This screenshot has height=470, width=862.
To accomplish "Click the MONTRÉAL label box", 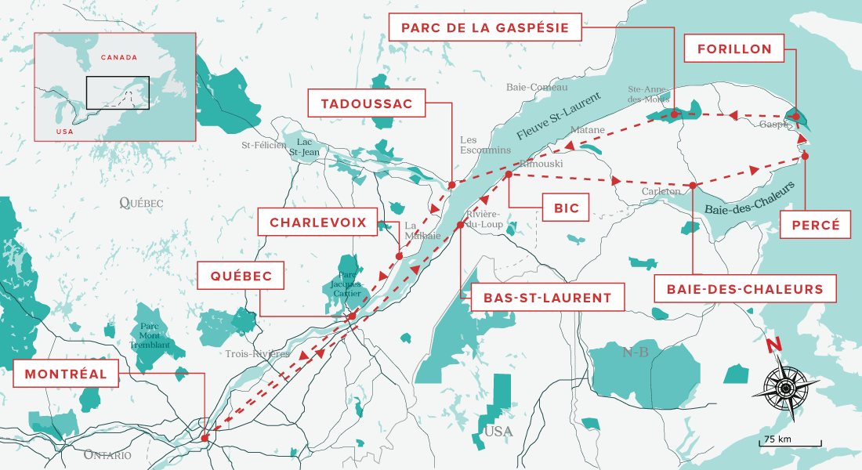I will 66,374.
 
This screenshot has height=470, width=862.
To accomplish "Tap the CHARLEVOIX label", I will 318,222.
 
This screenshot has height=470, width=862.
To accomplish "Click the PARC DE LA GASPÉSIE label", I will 486,27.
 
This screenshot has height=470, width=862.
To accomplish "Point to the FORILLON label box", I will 734,49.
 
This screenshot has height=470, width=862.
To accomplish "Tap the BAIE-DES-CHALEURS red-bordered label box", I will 745,289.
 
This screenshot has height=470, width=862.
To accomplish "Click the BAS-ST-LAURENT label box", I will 547,298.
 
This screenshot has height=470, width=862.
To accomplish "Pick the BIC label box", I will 566,208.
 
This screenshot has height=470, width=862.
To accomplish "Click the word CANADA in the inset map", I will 119,57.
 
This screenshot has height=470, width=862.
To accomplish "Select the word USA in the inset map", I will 65,131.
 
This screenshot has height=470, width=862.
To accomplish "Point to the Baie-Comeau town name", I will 536,87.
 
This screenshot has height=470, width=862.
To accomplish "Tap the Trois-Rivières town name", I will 257,354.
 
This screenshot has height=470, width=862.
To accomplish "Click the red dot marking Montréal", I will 205,438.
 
